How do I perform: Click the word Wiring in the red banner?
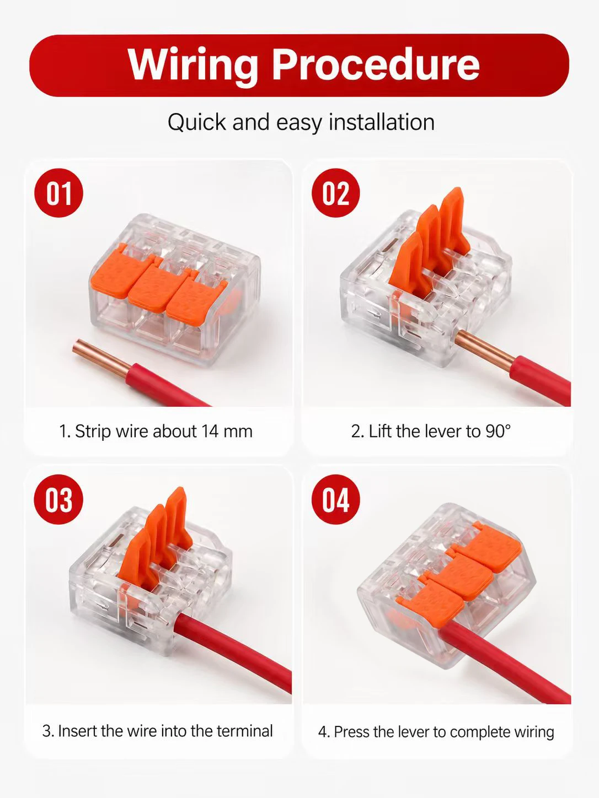coord(192,66)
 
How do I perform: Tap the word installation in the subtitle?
coord(382,122)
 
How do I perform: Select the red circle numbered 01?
coord(58,193)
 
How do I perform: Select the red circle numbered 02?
coord(336,193)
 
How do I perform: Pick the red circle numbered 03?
coord(58,499)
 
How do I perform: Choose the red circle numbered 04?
coord(336,499)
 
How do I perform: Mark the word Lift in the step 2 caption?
coord(381,431)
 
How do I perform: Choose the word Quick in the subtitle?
coord(197,122)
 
